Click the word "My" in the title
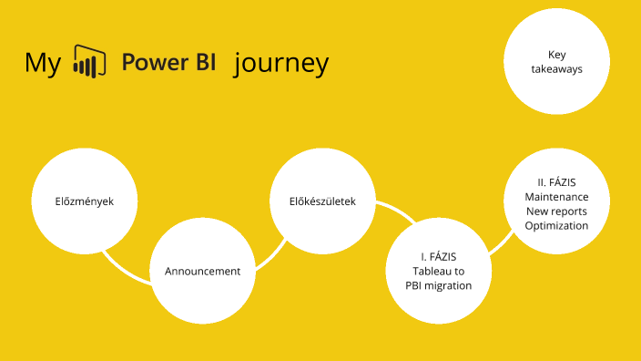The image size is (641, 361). (x=43, y=64)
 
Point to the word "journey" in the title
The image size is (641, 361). (x=280, y=65)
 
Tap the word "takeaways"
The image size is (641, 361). (x=557, y=68)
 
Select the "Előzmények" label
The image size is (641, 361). (x=84, y=201)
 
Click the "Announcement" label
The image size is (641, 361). (x=202, y=271)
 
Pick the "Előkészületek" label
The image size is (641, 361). (x=322, y=201)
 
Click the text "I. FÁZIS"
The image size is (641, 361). (x=439, y=256)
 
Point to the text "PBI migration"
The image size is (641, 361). (x=439, y=285)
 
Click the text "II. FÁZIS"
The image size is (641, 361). (x=556, y=182)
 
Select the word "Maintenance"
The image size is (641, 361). (x=556, y=197)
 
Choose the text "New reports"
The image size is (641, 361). (x=556, y=211)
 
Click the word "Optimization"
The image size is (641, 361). (x=556, y=225)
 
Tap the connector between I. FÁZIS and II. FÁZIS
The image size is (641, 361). (x=500, y=243)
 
